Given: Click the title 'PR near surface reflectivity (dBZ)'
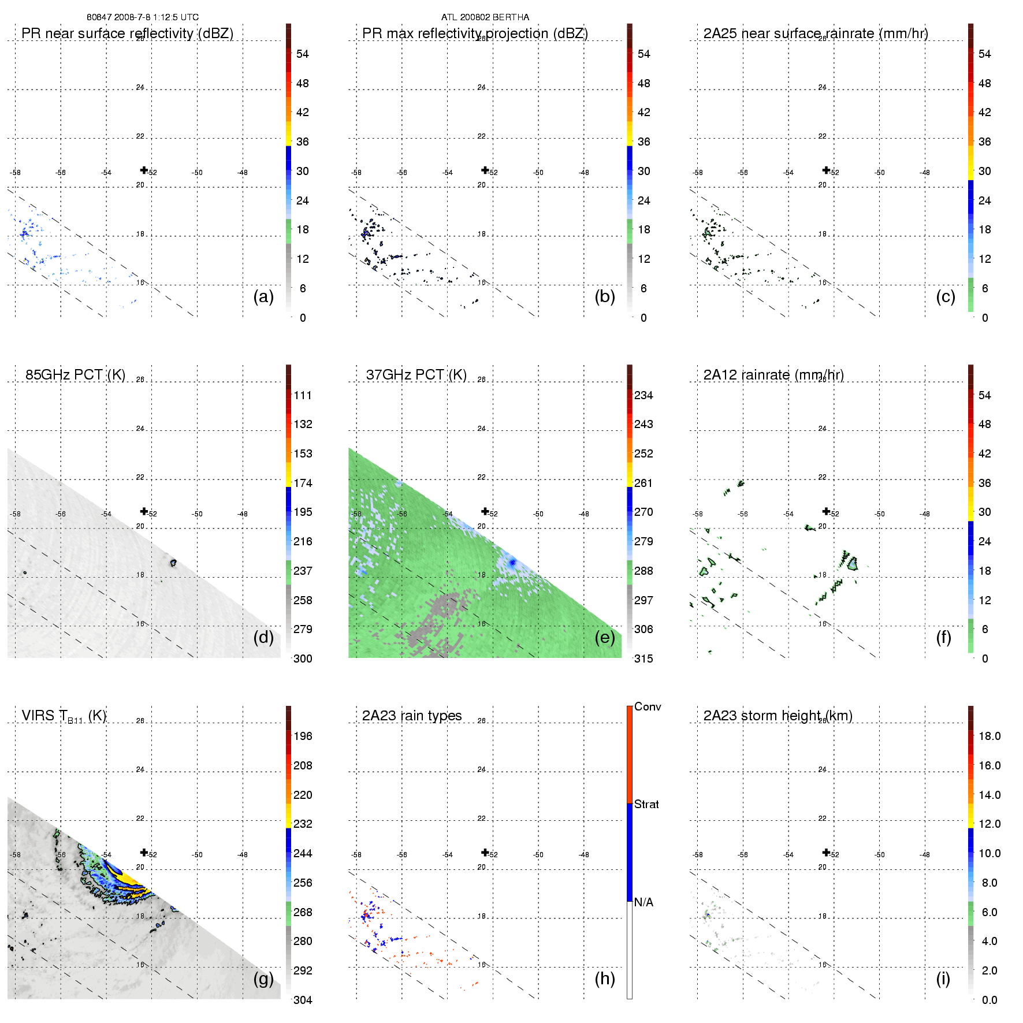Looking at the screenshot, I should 127,34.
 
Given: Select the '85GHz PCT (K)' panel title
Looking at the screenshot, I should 75,374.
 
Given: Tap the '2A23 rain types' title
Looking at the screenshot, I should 411,716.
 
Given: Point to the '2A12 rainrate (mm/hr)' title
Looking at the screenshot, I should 773,374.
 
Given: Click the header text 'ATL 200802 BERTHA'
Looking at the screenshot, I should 485,17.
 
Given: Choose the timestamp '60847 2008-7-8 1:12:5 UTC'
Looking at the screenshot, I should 142,17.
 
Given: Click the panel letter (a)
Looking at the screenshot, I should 263,297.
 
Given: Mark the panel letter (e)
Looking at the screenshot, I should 604,638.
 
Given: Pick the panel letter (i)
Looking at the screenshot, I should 943,979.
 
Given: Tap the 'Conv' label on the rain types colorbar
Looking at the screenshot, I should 647,706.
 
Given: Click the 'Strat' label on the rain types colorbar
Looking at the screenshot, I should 646,804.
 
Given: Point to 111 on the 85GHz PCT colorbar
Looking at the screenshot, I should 303,395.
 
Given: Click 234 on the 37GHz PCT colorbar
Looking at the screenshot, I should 643,395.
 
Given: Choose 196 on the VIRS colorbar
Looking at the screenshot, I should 303,736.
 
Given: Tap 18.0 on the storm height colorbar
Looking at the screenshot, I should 989,736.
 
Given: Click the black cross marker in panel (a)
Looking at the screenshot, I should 144,170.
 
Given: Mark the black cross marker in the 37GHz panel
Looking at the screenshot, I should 485,511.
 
